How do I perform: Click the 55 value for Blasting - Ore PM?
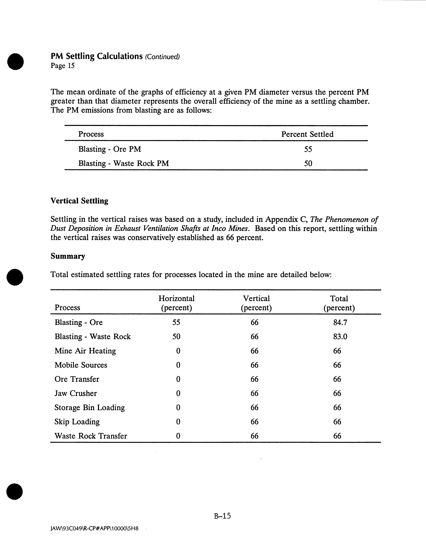tap(308, 149)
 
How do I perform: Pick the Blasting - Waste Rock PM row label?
tap(123, 164)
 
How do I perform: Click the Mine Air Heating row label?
tap(85, 351)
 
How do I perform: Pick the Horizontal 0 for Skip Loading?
tap(178, 422)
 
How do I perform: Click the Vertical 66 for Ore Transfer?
tap(254, 379)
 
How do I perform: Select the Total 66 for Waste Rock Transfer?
tap(337, 436)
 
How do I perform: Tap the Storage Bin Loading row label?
tap(89, 408)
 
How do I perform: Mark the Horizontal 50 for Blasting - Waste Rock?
tap(176, 337)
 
